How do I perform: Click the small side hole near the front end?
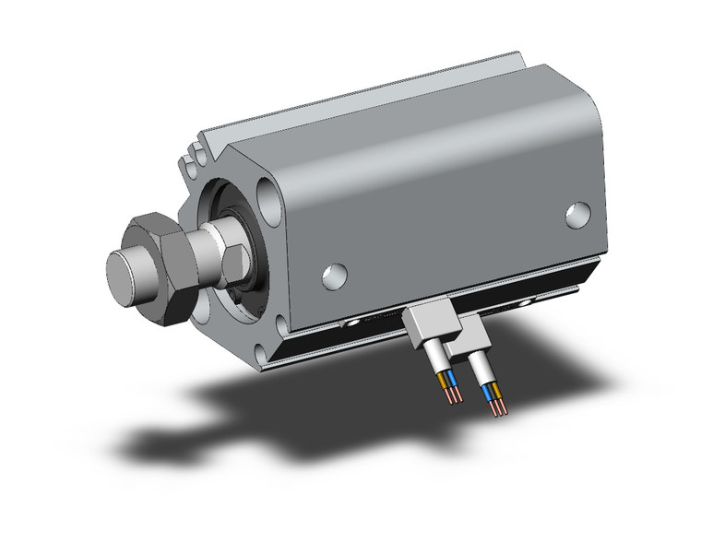[x=334, y=274]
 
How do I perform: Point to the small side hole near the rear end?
[x=578, y=215]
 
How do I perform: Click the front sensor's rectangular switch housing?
[x=426, y=323]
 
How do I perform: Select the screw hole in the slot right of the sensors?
[x=529, y=300]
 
